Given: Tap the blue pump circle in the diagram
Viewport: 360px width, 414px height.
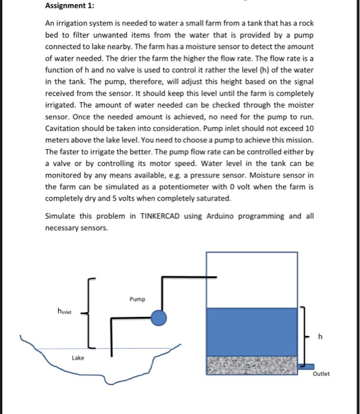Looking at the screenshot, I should [159, 319].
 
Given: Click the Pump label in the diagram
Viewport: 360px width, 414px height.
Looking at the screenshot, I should [137, 299].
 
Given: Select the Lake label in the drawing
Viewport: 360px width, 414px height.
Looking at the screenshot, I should [78, 358].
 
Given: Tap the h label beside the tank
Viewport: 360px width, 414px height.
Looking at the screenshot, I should [320, 337].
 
